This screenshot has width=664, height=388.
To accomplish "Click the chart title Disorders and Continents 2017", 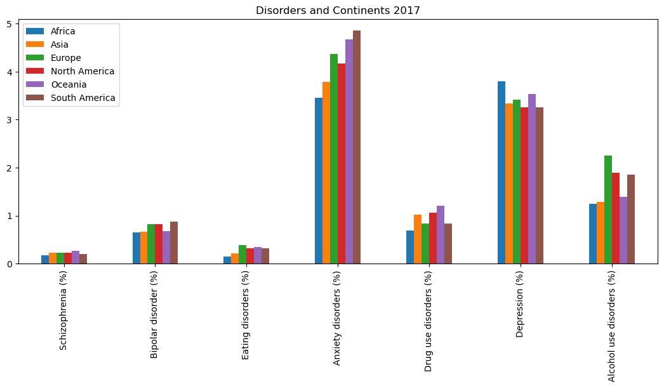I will (x=338, y=10).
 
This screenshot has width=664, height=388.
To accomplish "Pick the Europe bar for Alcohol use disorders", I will (x=608, y=210).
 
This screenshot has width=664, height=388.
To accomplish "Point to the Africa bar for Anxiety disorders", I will (x=319, y=181).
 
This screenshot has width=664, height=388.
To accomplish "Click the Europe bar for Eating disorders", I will (x=242, y=255).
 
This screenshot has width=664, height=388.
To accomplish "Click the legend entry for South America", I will (x=83, y=98).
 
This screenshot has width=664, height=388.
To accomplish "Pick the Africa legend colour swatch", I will (x=36, y=31).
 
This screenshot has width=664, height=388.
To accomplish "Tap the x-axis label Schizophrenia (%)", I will (x=63, y=310).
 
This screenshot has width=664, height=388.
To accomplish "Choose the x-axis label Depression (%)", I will (x=519, y=304).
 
